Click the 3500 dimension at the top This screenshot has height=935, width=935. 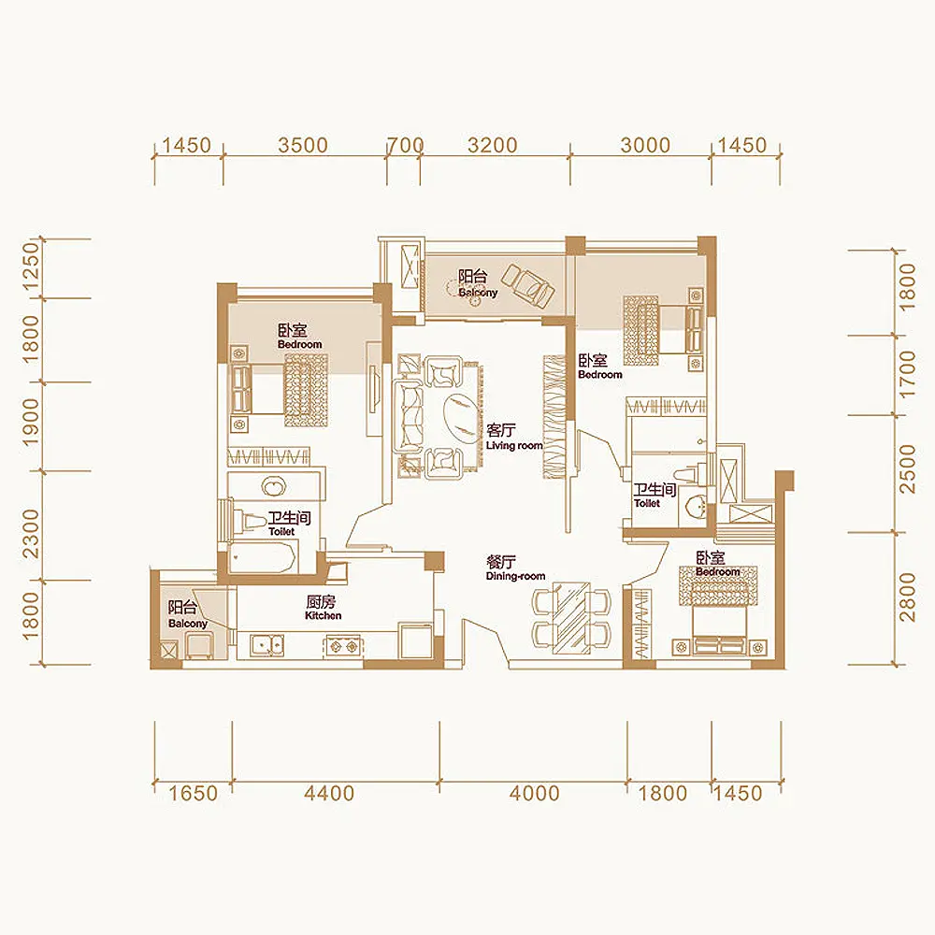pyautogui.click(x=303, y=145)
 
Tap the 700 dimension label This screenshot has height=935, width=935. pyautogui.click(x=406, y=145)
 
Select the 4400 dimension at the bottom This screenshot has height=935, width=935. pyautogui.click(x=329, y=793)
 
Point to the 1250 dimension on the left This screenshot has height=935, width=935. pyautogui.click(x=31, y=265)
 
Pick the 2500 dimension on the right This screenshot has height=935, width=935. pyautogui.click(x=906, y=468)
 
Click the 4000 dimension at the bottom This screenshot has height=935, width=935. pyautogui.click(x=534, y=793)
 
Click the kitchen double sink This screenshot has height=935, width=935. pyautogui.click(x=267, y=645)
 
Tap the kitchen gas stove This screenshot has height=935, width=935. pyautogui.click(x=343, y=646)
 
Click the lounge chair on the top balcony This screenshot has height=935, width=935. pyautogui.click(x=527, y=286)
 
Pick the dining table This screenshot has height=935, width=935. pyautogui.click(x=571, y=618)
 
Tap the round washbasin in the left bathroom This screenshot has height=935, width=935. pyautogui.click(x=274, y=485)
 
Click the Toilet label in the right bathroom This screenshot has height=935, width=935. pyautogui.click(x=647, y=503)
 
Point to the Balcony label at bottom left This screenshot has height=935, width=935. pyautogui.click(x=188, y=623)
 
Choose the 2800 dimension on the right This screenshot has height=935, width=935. pyautogui.click(x=906, y=597)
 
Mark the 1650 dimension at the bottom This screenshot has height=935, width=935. pyautogui.click(x=194, y=793)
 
